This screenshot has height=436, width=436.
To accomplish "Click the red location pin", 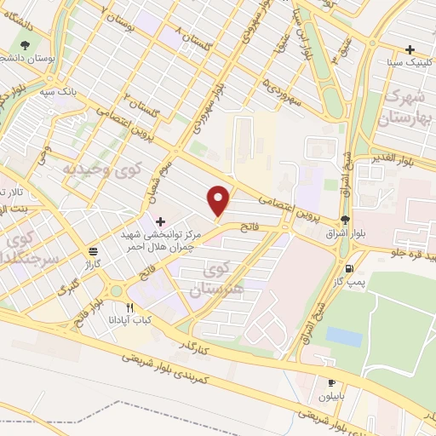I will [220, 200].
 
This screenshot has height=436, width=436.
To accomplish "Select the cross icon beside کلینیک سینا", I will [410, 49].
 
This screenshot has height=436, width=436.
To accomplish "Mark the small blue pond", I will [342, 336].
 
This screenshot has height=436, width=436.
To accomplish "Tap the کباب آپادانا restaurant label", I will [130, 319].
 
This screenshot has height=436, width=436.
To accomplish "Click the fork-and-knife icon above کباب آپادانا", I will [130, 307].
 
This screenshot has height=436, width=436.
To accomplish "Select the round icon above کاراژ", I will [93, 251].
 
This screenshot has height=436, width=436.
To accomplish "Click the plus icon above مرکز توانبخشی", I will [160, 221].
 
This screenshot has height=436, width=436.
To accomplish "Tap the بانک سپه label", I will [87, 88].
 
